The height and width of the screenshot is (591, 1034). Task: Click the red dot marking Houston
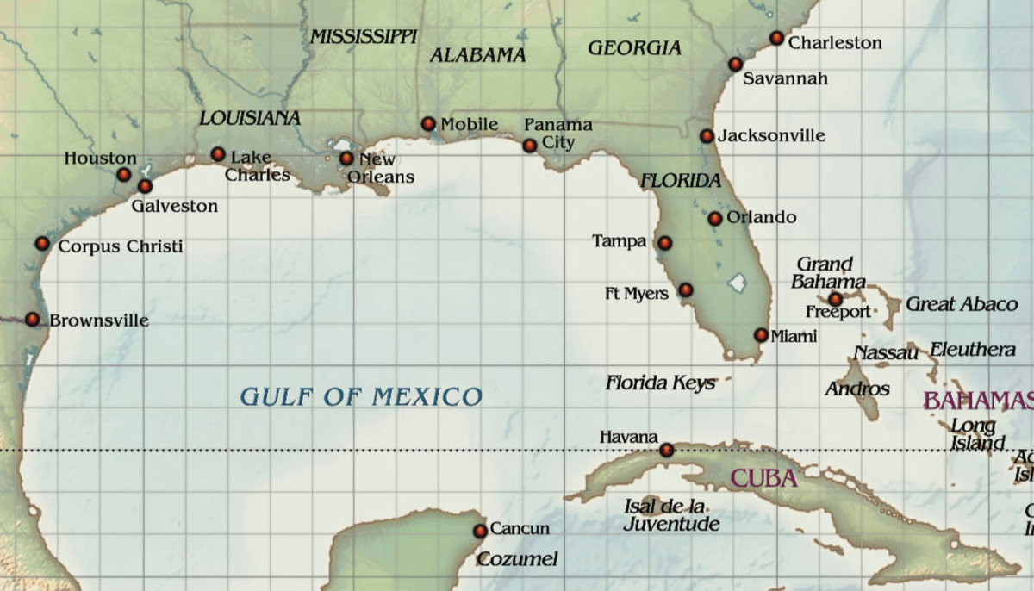point(124,174)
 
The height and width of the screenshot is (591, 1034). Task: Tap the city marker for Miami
point(761,335)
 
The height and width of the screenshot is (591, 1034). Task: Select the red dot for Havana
point(666,450)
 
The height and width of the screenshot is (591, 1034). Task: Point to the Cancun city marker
point(481,531)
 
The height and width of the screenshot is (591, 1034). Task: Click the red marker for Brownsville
point(33,320)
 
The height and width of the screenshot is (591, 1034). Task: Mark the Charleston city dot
point(776,38)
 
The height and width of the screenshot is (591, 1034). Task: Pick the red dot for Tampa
point(664,243)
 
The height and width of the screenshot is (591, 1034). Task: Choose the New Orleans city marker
point(346,159)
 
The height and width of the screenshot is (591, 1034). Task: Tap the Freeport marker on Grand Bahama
point(835,299)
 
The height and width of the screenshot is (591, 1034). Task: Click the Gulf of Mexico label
point(360,396)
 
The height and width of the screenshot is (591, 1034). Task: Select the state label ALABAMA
point(477,55)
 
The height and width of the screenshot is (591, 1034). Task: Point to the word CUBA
point(763,478)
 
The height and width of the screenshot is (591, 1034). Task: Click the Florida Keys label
point(660,383)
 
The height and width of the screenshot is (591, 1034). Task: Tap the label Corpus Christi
point(121,246)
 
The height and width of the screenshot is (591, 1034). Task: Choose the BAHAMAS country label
point(977,401)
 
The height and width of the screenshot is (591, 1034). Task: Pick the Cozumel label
point(517,559)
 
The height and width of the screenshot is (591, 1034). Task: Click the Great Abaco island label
point(962,304)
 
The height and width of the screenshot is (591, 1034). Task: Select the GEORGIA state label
point(634,48)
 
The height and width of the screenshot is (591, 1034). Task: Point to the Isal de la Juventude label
point(671,514)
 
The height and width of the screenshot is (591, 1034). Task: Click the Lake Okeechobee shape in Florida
point(736,281)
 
